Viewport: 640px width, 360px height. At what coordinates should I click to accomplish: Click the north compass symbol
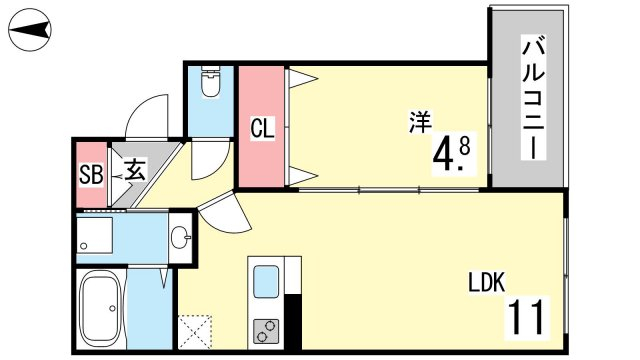(x=30, y=30)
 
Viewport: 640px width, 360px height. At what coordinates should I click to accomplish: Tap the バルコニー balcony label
(x=533, y=97)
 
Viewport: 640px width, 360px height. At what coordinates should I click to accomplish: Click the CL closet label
(x=262, y=128)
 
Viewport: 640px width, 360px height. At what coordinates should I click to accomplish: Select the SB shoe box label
(x=91, y=174)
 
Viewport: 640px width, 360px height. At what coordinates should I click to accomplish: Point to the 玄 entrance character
(x=135, y=170)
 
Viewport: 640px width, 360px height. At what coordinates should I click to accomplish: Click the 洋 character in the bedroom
(x=420, y=122)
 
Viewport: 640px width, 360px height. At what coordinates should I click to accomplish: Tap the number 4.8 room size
(x=451, y=155)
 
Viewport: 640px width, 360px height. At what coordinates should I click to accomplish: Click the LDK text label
(x=487, y=282)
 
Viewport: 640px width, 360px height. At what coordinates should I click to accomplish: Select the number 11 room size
(x=527, y=316)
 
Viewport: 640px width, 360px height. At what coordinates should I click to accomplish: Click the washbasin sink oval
(x=180, y=237)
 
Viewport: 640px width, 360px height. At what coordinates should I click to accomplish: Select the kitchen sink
(x=266, y=281)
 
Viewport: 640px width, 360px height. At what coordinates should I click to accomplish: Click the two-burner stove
(x=266, y=331)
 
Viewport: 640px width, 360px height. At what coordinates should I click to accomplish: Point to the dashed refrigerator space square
(x=195, y=331)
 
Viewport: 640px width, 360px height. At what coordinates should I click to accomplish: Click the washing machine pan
(x=95, y=235)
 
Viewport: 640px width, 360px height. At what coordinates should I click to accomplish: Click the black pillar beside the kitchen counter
(x=293, y=321)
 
